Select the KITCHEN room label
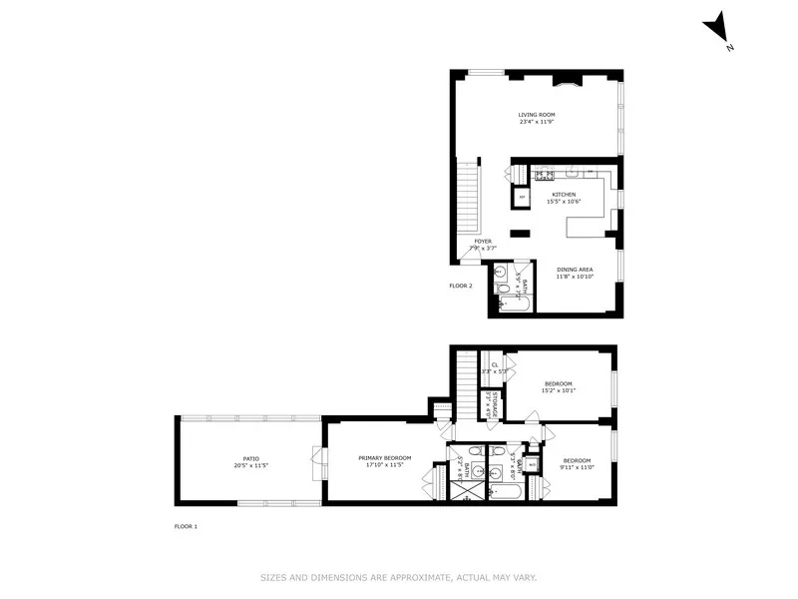[x=566, y=194]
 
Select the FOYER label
[x=483, y=241]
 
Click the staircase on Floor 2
[x=467, y=201]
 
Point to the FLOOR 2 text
[x=461, y=286]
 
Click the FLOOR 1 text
[x=186, y=526]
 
